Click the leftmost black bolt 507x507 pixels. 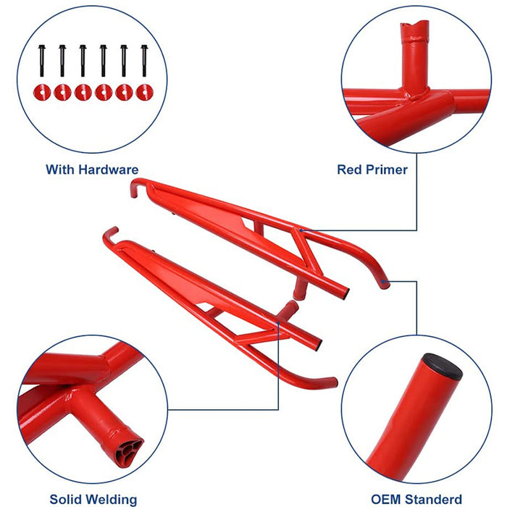(x=42, y=60)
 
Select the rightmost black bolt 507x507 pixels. (x=144, y=60)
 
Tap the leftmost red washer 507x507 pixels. (x=42, y=92)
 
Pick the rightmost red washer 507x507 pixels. (x=145, y=92)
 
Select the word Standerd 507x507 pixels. (x=433, y=500)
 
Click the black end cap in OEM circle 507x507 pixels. (x=442, y=366)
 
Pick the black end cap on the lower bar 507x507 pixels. (x=319, y=344)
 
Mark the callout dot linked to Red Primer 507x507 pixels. (x=301, y=230)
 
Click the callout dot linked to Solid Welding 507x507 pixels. (x=278, y=322)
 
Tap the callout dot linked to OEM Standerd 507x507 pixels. (x=383, y=281)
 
